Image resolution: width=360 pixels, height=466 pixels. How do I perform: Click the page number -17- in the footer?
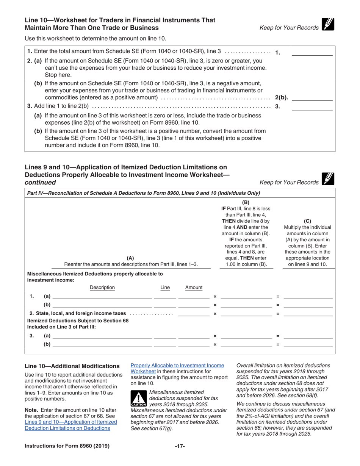[x=180, y=446]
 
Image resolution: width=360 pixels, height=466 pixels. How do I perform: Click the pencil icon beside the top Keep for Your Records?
[x=327, y=25]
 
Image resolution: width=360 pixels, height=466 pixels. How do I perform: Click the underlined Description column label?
[x=102, y=288]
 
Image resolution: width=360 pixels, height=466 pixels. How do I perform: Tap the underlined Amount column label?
[x=194, y=288]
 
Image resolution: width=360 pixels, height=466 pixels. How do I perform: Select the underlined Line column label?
[x=165, y=288]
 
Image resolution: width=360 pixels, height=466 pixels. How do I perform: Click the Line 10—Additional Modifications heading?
[x=72, y=366]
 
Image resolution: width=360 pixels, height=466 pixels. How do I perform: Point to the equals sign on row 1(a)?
[x=278, y=297]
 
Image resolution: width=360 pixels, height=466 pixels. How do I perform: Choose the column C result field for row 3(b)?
[x=308, y=344]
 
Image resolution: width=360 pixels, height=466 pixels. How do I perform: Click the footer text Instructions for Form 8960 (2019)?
[x=67, y=446]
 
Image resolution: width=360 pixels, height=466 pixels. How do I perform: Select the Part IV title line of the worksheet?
[x=144, y=193]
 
